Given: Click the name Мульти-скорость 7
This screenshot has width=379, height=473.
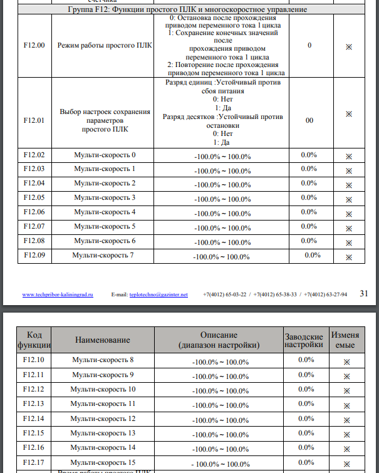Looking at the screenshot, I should [x=103, y=255].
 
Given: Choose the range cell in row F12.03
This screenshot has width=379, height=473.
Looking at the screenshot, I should [x=222, y=170].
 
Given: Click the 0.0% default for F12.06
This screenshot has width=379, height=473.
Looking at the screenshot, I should [x=309, y=212].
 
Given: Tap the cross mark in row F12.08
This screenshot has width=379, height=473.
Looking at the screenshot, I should [x=349, y=242].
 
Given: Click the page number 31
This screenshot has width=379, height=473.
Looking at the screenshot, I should [x=365, y=293].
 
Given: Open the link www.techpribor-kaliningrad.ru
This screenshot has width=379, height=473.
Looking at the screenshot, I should [x=58, y=294].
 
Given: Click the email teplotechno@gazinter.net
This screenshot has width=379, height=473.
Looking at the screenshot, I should [x=158, y=294].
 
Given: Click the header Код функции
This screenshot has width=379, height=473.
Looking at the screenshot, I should [x=34, y=340].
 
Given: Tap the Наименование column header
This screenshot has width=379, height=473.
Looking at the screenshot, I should [x=103, y=340].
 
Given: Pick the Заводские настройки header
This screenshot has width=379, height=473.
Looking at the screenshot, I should [x=304, y=340].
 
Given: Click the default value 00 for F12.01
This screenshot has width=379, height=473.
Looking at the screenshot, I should [x=309, y=122].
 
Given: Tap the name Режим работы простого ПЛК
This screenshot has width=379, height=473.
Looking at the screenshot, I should [x=105, y=46].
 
